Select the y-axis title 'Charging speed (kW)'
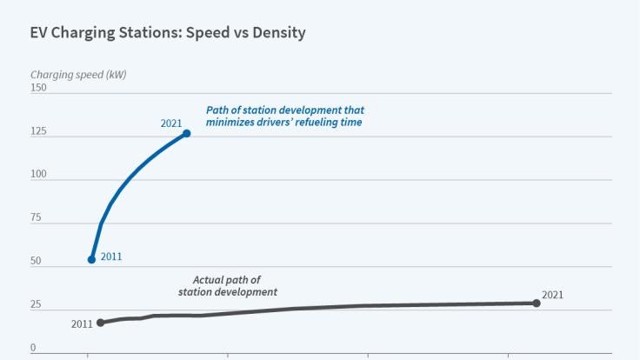pyautogui.click(x=78, y=75)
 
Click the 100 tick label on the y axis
pyautogui.click(x=38, y=176)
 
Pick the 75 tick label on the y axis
pyautogui.click(x=36, y=218)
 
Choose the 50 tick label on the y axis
pyautogui.click(x=36, y=262)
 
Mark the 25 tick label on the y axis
pyautogui.click(x=36, y=305)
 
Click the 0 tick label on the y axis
pyautogui.click(x=33, y=348)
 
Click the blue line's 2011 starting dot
pyautogui.click(x=91, y=259)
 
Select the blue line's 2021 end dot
pyautogui.click(x=186, y=133)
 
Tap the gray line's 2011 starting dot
pyautogui.click(x=100, y=323)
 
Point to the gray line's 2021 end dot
pyautogui.click(x=536, y=303)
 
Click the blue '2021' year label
pyautogui.click(x=171, y=123)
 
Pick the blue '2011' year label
pyautogui.click(x=110, y=257)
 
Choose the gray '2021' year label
pyautogui.click(x=552, y=295)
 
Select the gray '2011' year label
pyautogui.click(x=82, y=324)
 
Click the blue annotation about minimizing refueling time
pyautogui.click(x=284, y=117)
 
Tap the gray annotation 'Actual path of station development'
pyautogui.click(x=228, y=286)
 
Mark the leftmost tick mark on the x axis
pyautogui.click(x=88, y=356)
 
